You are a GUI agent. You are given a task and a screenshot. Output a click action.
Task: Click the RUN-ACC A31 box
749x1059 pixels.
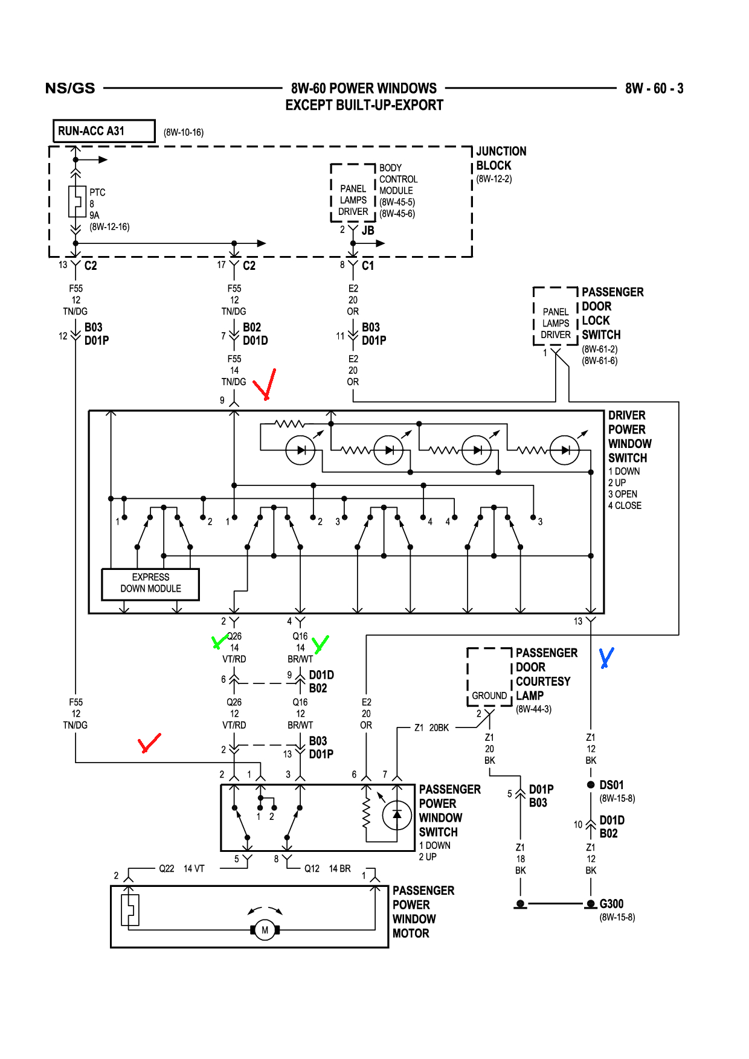(x=103, y=131)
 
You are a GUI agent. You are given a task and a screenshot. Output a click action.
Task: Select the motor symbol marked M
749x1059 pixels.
(x=265, y=930)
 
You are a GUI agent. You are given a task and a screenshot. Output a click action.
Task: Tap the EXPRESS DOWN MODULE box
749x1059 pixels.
(x=150, y=583)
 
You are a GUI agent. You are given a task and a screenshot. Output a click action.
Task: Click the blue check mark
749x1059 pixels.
(x=606, y=657)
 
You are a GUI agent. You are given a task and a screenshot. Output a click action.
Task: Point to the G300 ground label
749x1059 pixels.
(x=611, y=904)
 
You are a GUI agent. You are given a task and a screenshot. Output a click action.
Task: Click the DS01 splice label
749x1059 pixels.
(x=611, y=785)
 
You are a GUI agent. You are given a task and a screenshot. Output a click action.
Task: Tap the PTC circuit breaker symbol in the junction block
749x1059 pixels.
(x=76, y=202)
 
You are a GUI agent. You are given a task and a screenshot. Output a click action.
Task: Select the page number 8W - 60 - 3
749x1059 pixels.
(x=654, y=89)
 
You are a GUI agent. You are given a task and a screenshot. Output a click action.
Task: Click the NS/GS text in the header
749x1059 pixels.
(x=70, y=88)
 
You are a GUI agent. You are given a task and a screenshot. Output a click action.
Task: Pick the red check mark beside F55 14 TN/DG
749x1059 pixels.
(x=265, y=385)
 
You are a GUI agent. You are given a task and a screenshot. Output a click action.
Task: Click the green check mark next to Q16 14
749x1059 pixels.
(x=320, y=644)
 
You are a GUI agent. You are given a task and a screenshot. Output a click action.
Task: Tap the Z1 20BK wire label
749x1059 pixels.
(x=431, y=728)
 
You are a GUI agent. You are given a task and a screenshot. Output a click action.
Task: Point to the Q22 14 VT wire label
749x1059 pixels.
(x=181, y=868)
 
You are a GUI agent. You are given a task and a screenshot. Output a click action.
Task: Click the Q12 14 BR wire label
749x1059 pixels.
(x=327, y=868)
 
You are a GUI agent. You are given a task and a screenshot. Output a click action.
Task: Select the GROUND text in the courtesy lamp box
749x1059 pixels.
(x=489, y=696)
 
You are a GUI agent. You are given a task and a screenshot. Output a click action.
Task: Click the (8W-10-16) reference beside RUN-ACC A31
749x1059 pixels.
(x=184, y=132)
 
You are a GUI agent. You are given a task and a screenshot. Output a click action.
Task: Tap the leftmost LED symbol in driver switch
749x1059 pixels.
(x=300, y=450)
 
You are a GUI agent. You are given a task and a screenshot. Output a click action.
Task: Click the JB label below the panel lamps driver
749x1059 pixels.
(x=368, y=231)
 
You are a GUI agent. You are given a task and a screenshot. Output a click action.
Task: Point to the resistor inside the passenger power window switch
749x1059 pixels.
(x=365, y=815)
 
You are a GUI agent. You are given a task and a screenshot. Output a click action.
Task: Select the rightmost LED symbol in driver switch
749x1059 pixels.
(x=564, y=450)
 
